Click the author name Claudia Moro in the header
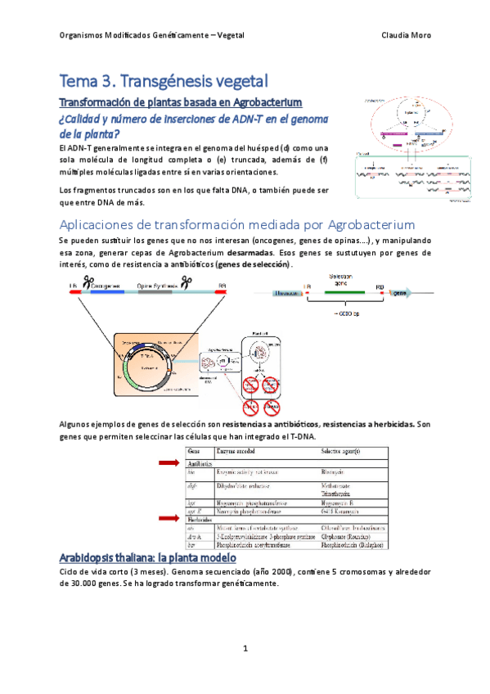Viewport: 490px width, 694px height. (x=406, y=36)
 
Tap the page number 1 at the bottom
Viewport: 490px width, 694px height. (x=245, y=648)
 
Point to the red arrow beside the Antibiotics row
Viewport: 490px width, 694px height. (x=168, y=463)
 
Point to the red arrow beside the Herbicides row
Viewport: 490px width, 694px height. (x=168, y=518)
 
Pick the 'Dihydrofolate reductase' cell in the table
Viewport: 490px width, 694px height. (x=247, y=484)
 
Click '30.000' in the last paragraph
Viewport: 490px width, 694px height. (x=84, y=584)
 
